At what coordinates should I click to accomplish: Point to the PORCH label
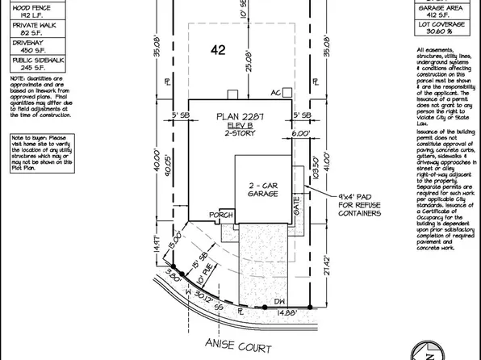220,216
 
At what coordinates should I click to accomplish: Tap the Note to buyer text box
42,153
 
